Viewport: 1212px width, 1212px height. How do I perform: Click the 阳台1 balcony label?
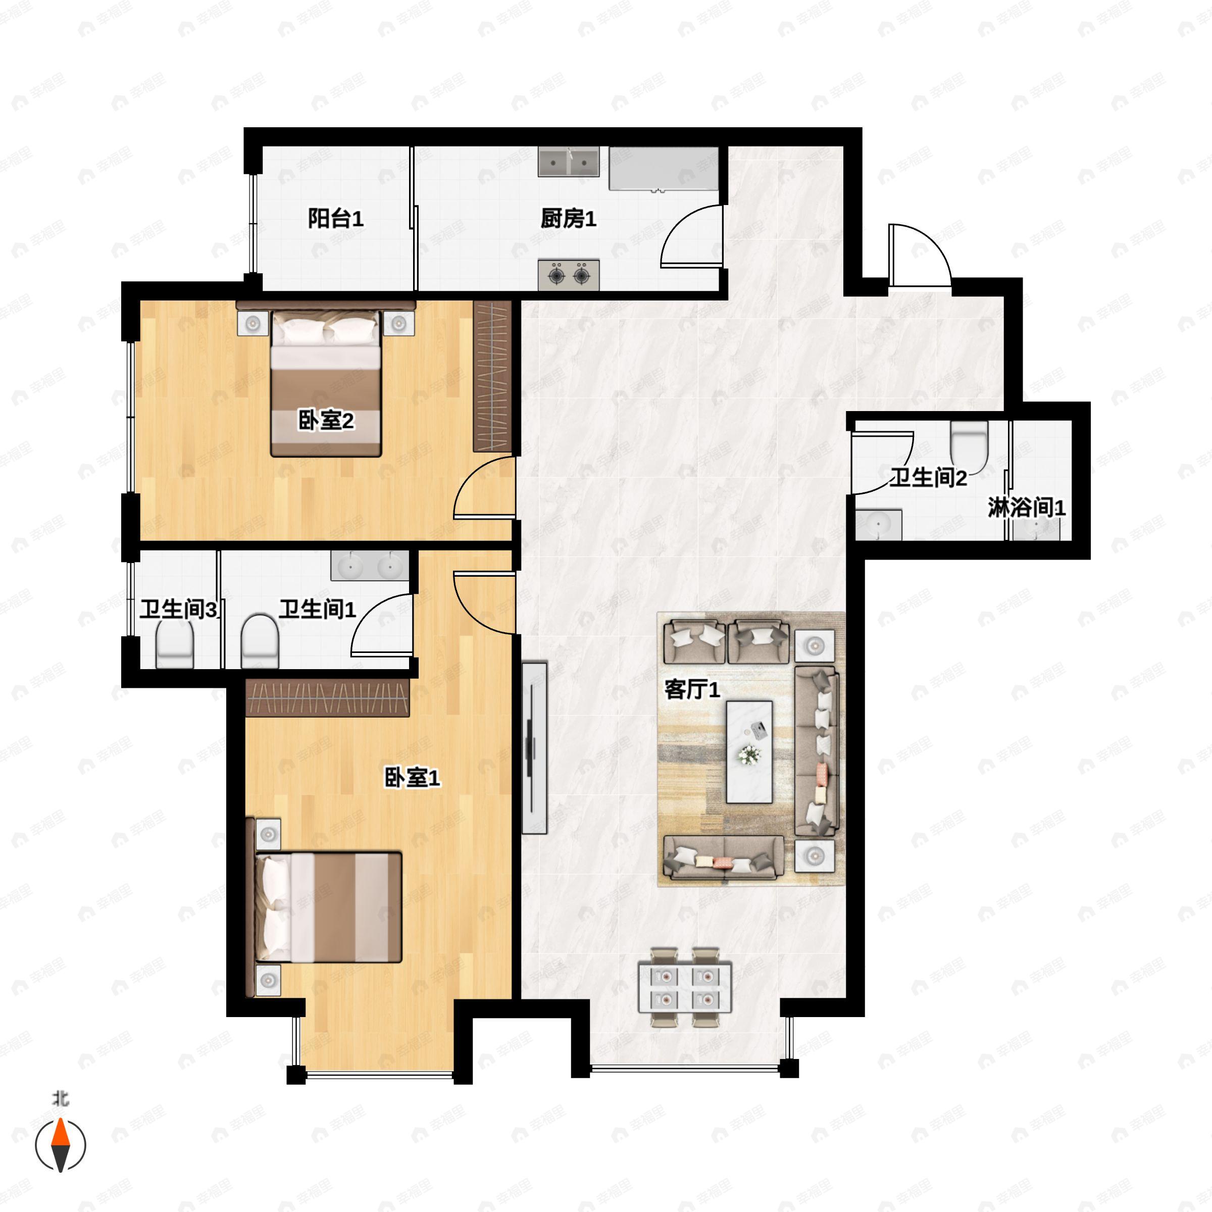pos(336,219)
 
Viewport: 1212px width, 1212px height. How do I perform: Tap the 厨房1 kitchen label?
pos(568,219)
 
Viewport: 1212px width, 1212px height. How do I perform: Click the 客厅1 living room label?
pos(692,689)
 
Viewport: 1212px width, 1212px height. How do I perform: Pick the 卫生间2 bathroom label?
pos(929,478)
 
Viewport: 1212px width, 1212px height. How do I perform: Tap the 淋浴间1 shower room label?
pos(1026,508)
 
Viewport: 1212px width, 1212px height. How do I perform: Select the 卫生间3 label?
pos(179,609)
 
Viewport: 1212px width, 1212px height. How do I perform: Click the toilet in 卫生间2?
pos(969,440)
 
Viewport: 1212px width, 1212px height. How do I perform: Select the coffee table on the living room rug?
pos(749,751)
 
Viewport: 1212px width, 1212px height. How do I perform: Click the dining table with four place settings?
pos(685,987)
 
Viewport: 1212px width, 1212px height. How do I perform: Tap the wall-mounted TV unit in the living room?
pos(534,748)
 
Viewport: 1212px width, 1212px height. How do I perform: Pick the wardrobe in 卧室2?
pos(492,376)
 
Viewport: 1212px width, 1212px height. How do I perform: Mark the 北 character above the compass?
pos(61,1098)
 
